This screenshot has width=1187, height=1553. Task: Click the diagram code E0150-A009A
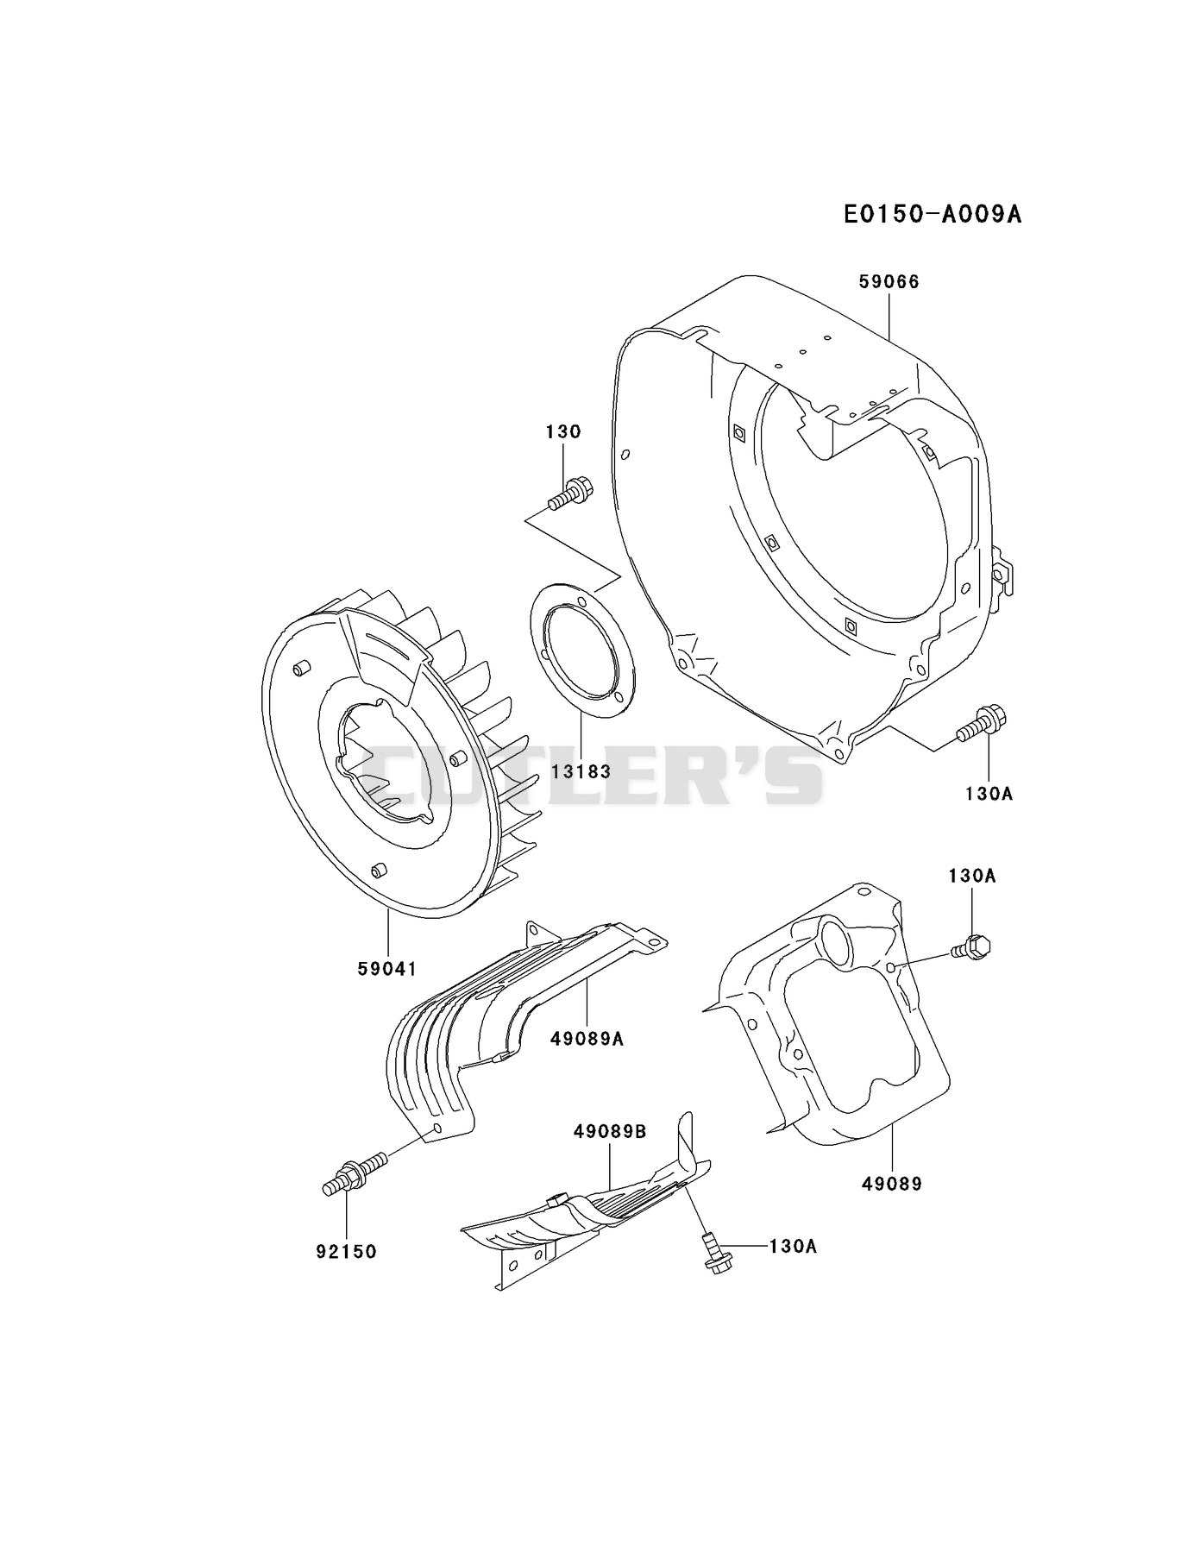click(933, 214)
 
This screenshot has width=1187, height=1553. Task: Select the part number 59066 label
click(889, 281)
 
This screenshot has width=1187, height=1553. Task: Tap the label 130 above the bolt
click(563, 431)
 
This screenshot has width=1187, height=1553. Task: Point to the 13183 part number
click(581, 771)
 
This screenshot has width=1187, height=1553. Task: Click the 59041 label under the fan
click(387, 969)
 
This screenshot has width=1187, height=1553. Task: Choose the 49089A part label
click(587, 1039)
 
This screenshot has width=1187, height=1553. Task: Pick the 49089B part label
click(610, 1131)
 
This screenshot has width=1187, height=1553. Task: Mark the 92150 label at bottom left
click(346, 1251)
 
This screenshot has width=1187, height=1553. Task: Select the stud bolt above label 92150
click(355, 1174)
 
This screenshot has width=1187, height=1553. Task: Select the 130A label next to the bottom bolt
click(793, 1246)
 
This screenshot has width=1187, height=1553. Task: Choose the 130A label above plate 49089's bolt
click(971, 876)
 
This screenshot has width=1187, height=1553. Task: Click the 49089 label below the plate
click(892, 1184)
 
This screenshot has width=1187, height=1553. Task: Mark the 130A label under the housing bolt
click(989, 793)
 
